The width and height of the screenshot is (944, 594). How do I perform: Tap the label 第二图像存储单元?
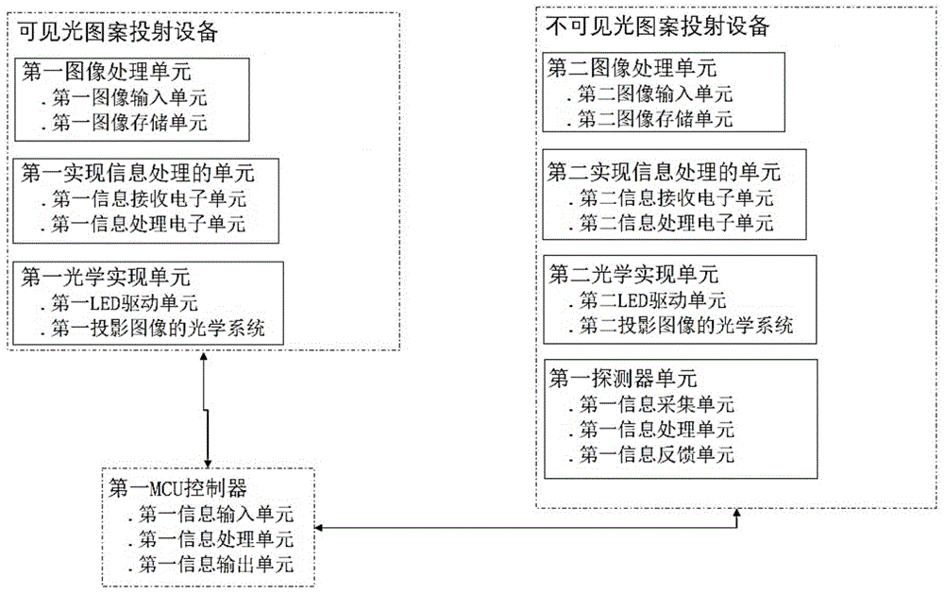tap(655, 118)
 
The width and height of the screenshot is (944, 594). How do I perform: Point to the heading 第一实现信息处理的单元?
tap(138, 174)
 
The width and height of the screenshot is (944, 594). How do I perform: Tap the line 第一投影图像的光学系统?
tap(159, 329)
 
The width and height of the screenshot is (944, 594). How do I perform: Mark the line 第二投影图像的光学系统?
tap(685, 326)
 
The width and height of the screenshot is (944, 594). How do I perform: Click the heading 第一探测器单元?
tap(623, 379)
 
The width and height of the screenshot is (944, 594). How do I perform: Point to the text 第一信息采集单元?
tap(655, 404)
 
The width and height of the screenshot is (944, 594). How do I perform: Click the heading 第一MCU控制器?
tap(178, 488)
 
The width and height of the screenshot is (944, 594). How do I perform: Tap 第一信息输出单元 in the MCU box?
tap(214, 565)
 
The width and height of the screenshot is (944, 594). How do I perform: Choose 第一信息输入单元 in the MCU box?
tap(214, 515)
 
